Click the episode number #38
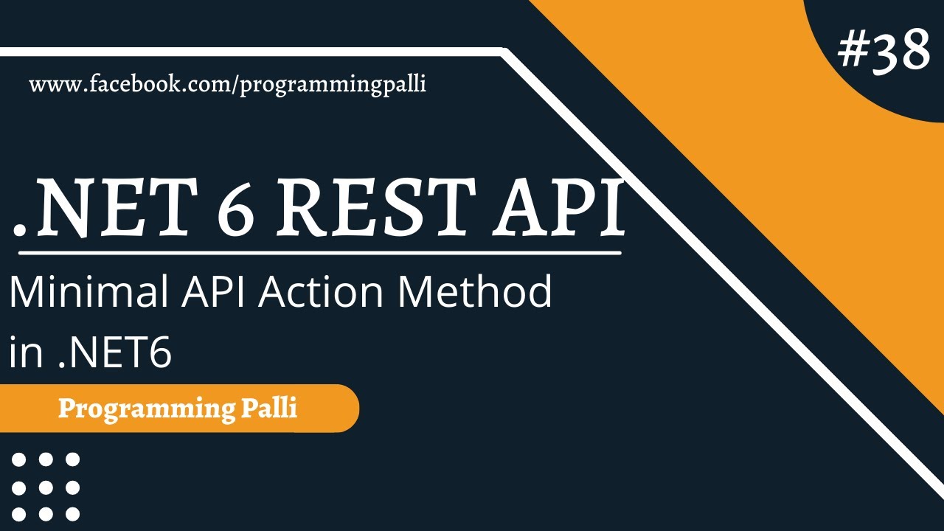[884, 51]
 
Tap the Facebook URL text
[227, 85]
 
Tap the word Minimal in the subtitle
[82, 293]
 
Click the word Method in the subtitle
[475, 293]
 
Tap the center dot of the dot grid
[46, 487]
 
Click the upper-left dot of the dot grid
[19, 460]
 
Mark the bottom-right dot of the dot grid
[72, 514]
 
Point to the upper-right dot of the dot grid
[72, 460]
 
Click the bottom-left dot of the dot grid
[19, 514]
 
